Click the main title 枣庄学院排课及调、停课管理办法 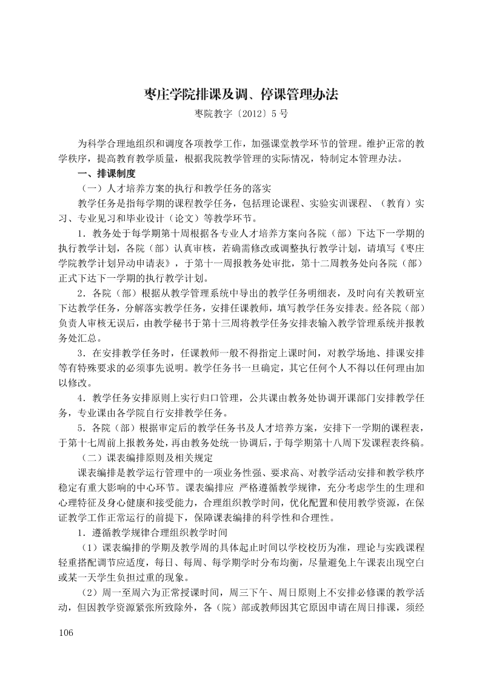241,95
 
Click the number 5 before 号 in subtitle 275,113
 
